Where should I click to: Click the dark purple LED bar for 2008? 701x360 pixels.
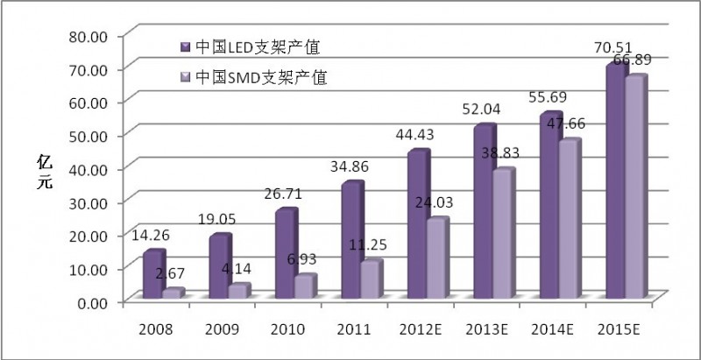pos(152,277)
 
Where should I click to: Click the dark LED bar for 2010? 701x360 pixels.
pos(283,256)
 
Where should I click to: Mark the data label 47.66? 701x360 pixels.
pos(567,124)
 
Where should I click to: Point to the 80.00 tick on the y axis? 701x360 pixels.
pos(85,35)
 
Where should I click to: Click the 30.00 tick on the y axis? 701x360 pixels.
pos(85,201)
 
